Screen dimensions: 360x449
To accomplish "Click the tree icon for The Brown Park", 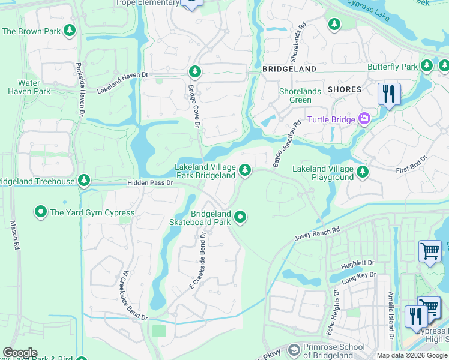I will tap(70, 30).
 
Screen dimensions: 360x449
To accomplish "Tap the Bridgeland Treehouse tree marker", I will tap(85, 181).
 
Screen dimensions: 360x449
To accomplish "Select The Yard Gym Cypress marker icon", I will tap(40, 212).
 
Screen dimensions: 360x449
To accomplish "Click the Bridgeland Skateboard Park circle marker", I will tap(241, 217).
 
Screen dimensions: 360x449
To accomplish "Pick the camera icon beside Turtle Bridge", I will tap(364, 119).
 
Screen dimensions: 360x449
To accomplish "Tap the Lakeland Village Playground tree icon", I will tap(362, 173).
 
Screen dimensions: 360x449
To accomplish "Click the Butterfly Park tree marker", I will tap(427, 66).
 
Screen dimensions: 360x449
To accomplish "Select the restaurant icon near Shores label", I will tap(389, 94).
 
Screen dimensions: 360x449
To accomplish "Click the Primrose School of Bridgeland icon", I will tap(294, 350).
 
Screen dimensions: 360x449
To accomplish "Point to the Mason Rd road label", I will tap(13, 235).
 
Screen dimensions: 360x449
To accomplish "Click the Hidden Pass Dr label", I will tap(149, 182).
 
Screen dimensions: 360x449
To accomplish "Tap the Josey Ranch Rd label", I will tap(317, 234).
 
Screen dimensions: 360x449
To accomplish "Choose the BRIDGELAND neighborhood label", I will tap(289, 70).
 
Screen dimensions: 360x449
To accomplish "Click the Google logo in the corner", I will tap(20, 353).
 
